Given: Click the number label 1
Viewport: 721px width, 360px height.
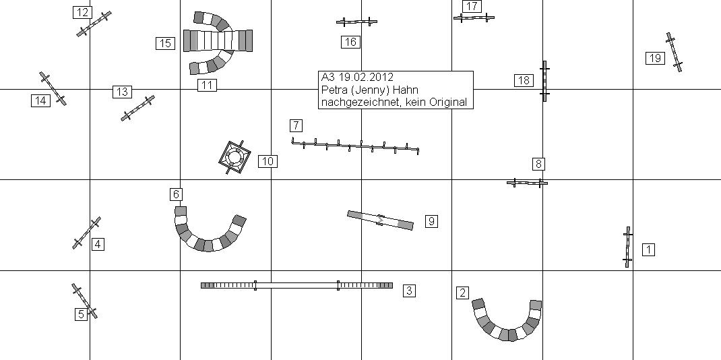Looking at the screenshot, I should pyautogui.click(x=648, y=249).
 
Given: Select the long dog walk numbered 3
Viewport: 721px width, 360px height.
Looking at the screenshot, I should pyautogui.click(x=296, y=286).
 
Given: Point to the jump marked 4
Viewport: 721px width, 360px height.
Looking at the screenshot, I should pyautogui.click(x=86, y=233).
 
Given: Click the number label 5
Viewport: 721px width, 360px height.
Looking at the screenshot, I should pyautogui.click(x=81, y=313).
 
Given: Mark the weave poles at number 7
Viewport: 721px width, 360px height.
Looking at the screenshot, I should pyautogui.click(x=355, y=146).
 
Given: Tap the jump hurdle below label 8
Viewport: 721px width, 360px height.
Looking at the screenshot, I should pyautogui.click(x=527, y=183).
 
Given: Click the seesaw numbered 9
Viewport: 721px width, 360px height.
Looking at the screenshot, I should pyautogui.click(x=380, y=220).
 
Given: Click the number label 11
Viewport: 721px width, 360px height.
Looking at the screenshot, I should pyautogui.click(x=207, y=85).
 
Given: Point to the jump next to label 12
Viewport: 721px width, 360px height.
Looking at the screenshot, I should pyautogui.click(x=94, y=24).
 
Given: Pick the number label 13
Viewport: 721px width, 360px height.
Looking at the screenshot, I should pyautogui.click(x=122, y=92).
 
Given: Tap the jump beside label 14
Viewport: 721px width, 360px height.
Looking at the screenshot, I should pyautogui.click(x=53, y=88).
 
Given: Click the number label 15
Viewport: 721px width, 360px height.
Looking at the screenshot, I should pyautogui.click(x=165, y=43).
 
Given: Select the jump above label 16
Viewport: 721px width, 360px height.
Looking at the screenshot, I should pyautogui.click(x=356, y=22).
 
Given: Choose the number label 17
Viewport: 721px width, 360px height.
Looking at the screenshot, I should pyautogui.click(x=472, y=6).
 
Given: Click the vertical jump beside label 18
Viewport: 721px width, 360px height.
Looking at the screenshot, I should pyautogui.click(x=544, y=81).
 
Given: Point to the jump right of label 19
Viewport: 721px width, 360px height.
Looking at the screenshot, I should pyautogui.click(x=675, y=52).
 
